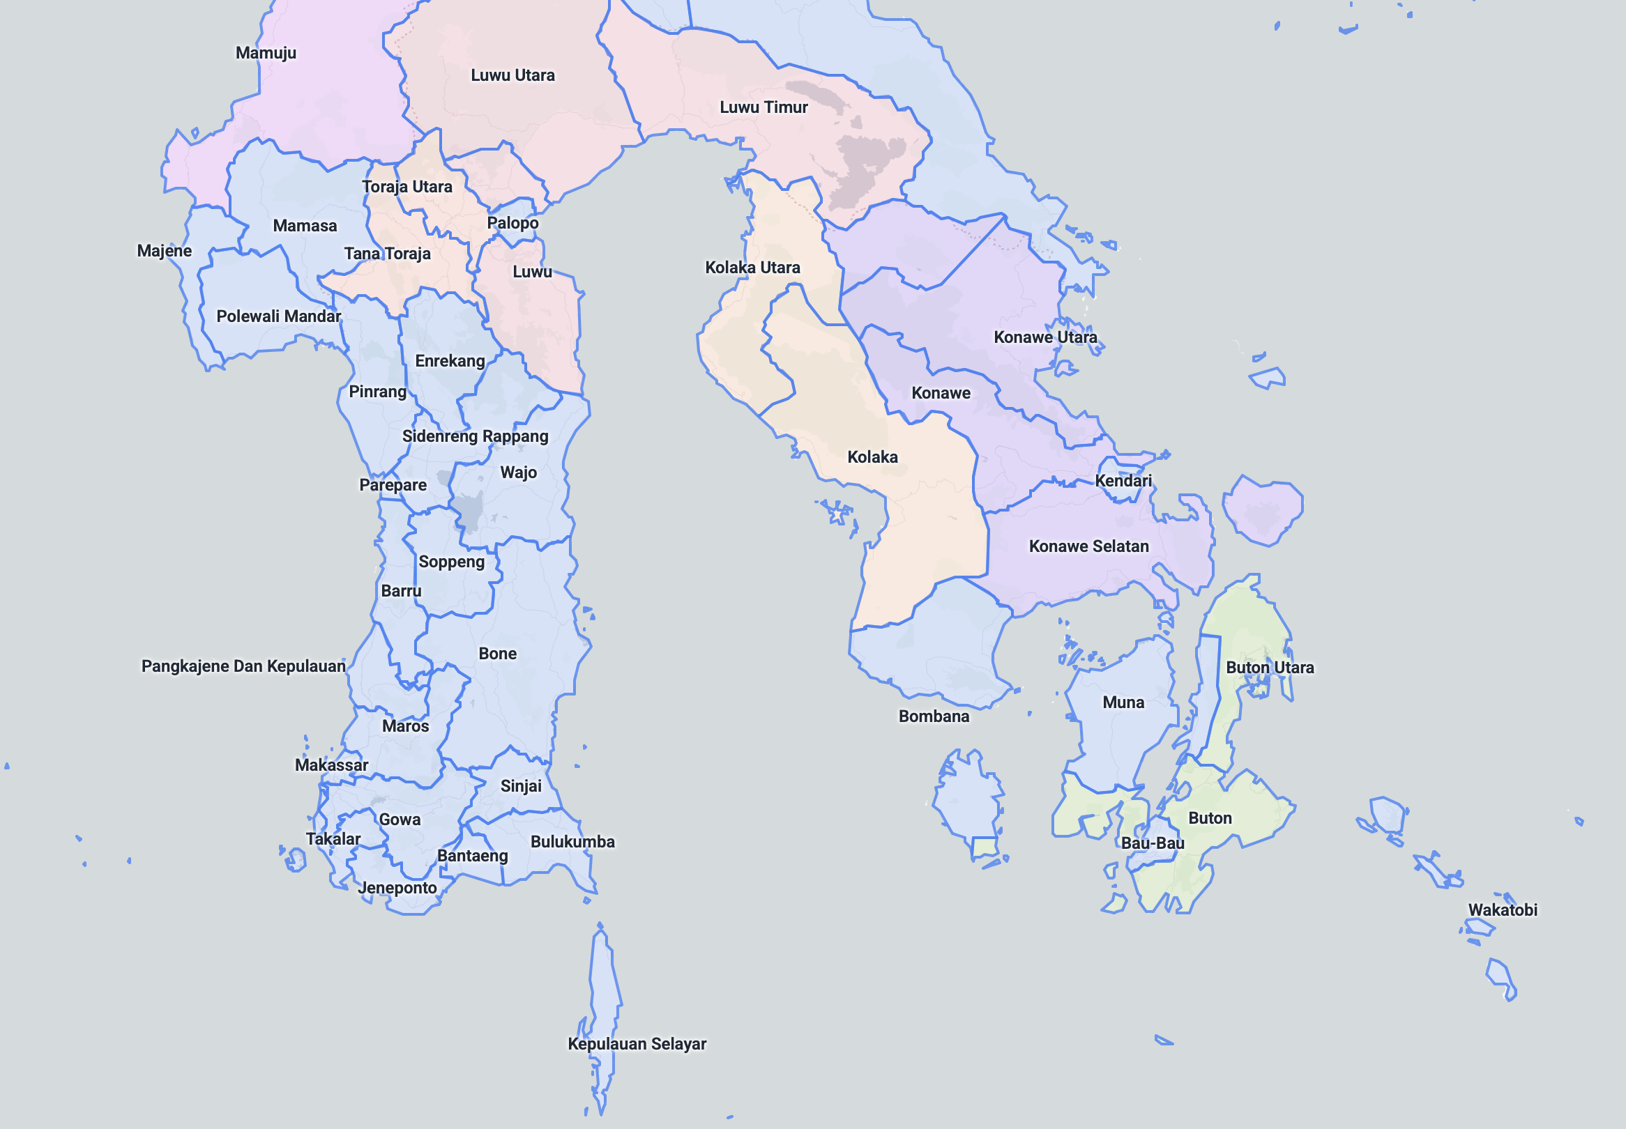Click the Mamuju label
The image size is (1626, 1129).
coord(266,53)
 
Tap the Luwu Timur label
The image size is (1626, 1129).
coord(763,107)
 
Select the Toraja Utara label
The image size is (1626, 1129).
coord(407,187)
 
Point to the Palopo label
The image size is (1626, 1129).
coord(512,223)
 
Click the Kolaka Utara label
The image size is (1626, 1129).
coord(752,268)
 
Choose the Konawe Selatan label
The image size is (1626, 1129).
coord(1088,546)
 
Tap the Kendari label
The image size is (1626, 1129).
coord(1123,481)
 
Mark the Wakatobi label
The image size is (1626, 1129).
coord(1502,909)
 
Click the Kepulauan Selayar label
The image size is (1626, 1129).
coord(637,1043)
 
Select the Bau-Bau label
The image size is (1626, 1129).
coord(1153,843)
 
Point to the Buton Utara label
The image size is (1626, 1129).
coord(1270,668)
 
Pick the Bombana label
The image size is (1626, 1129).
coord(934,716)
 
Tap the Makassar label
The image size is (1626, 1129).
coord(331,765)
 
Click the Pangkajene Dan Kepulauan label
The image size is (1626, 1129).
coord(243,666)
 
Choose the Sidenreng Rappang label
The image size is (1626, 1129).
coord(475,436)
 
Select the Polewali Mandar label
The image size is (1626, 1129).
coord(278,316)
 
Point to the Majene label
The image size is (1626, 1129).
coord(164,251)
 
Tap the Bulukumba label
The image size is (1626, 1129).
coord(572,842)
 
